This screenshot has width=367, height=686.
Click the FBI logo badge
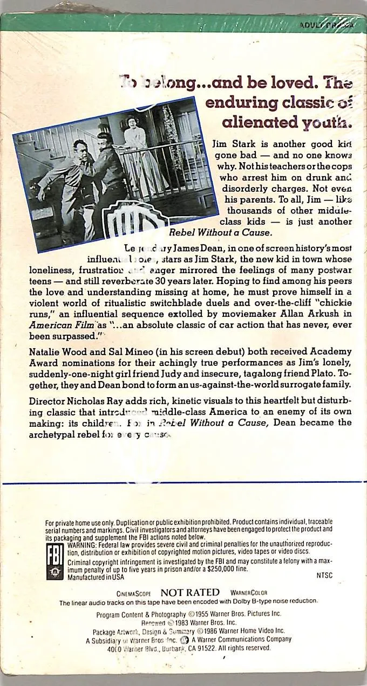click(55, 560)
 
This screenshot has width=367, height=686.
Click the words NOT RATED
click(190, 592)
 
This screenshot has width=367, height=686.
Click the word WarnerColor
click(249, 593)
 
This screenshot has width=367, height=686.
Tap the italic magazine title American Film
click(65, 324)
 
